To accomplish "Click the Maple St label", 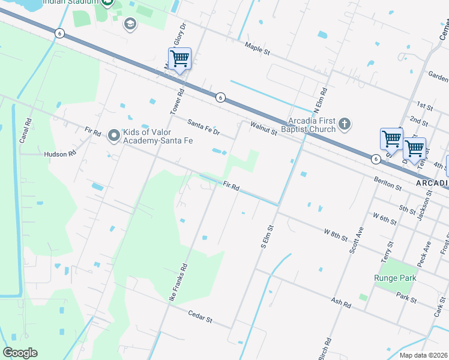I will click(258, 48).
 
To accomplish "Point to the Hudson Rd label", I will click(61, 154).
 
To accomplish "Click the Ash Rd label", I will click(341, 302).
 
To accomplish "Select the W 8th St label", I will click(336, 235).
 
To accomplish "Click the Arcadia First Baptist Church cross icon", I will click(344, 124).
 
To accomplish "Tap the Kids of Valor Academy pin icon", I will click(114, 136).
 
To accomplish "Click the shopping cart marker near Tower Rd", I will click(179, 59).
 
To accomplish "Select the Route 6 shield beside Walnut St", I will click(221, 98).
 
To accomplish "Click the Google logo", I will click(20, 353).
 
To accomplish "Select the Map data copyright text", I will click(424, 355).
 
